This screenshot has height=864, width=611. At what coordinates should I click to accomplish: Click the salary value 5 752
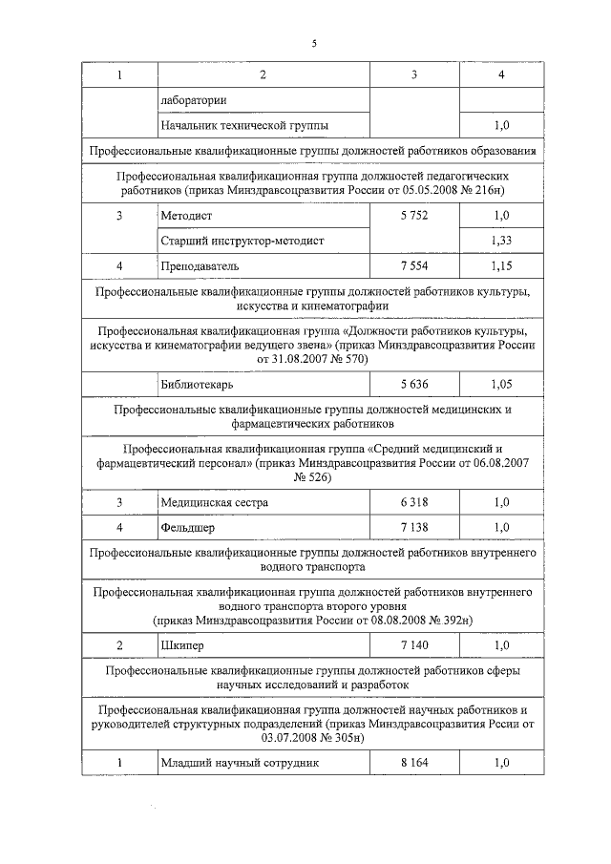pyautogui.click(x=414, y=216)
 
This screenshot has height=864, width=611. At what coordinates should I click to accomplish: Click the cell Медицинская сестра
pyautogui.click(x=215, y=502)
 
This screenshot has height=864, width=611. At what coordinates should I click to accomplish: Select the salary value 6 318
pyautogui.click(x=414, y=502)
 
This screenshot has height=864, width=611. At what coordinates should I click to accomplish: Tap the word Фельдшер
pyautogui.click(x=188, y=526)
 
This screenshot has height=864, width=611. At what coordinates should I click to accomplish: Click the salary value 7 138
pyautogui.click(x=414, y=526)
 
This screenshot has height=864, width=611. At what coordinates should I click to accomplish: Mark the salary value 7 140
pyautogui.click(x=414, y=645)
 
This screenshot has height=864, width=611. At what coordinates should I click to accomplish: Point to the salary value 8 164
pyautogui.click(x=414, y=763)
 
